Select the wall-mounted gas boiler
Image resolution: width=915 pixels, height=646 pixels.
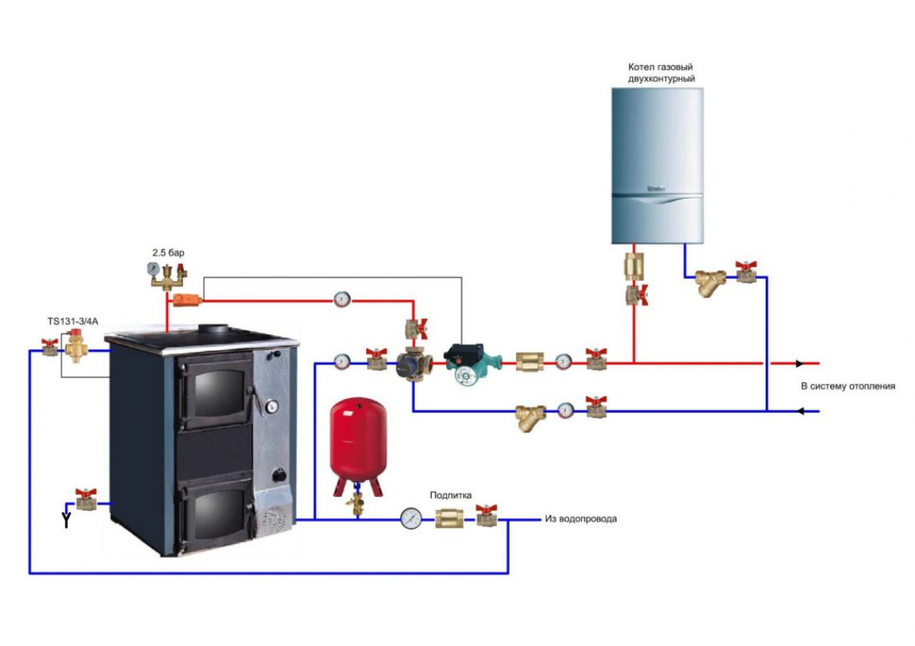(657, 164)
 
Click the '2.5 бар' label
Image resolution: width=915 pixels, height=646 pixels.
(168, 253)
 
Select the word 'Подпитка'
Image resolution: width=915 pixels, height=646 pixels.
(450, 495)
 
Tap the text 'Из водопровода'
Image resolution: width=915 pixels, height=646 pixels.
(580, 519)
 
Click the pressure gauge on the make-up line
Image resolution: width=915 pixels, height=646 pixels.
(410, 518)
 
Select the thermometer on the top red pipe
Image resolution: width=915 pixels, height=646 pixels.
(342, 299)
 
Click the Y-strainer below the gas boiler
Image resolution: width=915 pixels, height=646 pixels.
(712, 283)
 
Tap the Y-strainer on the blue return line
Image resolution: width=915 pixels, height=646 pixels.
(531, 416)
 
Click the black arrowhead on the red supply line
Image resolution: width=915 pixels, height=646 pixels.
(799, 363)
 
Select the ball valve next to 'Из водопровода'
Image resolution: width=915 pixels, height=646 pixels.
(487, 516)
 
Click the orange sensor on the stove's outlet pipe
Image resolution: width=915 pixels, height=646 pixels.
(188, 299)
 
